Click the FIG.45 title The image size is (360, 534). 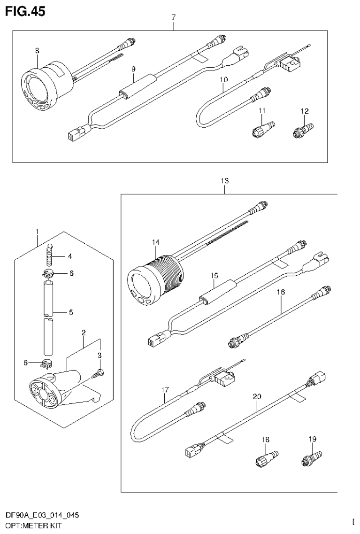click(x=25, y=12)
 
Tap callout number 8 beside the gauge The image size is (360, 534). click(x=37, y=50)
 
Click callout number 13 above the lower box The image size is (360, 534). click(x=225, y=180)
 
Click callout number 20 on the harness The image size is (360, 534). click(x=257, y=396)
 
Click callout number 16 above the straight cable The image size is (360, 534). click(x=281, y=292)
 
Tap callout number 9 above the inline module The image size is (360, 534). click(x=133, y=69)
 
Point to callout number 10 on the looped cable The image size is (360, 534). click(x=223, y=79)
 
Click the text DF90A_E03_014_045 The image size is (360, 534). click(x=42, y=515)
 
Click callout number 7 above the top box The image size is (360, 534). click(x=174, y=17)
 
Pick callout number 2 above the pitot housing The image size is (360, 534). click(x=83, y=332)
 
